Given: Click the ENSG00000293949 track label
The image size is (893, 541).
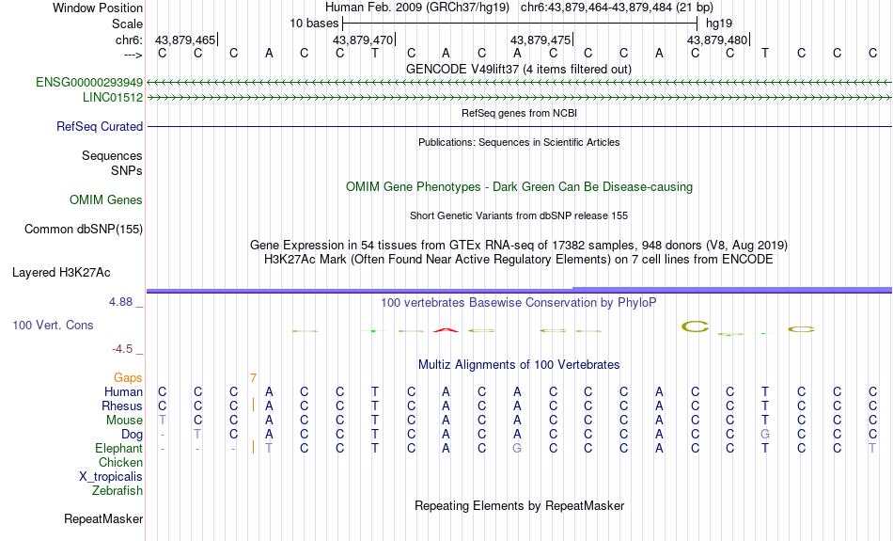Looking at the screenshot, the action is tap(89, 83).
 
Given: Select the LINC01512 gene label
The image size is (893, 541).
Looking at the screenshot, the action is tap(113, 98).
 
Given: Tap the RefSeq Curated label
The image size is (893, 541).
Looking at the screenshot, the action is tap(100, 127).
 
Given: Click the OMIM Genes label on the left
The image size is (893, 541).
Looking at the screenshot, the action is tap(106, 200).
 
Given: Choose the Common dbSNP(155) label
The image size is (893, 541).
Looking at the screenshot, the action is tap(84, 230).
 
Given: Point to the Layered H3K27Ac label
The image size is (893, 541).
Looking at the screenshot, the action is tap(61, 273).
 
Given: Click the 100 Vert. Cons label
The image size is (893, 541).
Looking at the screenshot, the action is tap(53, 325).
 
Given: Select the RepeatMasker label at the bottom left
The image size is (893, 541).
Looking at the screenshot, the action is tap(103, 518).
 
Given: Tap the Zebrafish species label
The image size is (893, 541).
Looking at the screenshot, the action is tap(117, 491).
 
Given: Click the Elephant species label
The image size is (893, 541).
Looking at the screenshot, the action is tap(119, 449).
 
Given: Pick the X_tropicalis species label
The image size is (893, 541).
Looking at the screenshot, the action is tap(111, 477).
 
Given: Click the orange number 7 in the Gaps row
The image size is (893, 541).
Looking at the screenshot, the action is tap(253, 378).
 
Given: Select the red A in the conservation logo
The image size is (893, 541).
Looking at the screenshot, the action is tap(446, 330).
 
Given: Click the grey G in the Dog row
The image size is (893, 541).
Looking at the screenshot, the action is tap(765, 435).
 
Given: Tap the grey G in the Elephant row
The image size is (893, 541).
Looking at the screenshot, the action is tap(517, 449).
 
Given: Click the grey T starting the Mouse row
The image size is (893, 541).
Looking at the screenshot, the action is tap(163, 421).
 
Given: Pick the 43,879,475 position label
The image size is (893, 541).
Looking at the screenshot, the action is tap(540, 40).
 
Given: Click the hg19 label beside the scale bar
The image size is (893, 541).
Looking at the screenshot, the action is tap(719, 24).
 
